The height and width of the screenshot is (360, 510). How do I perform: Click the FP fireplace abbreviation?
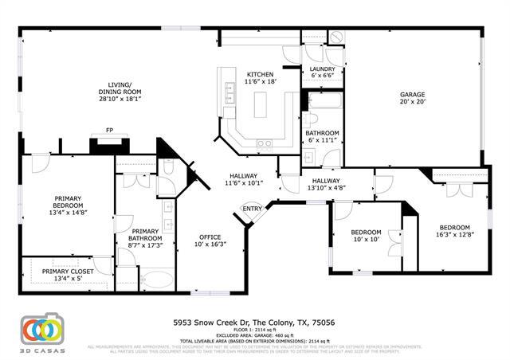tap(109, 131)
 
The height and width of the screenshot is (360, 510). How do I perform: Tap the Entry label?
tap(253, 209)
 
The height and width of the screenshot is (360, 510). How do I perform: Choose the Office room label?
tap(210, 237)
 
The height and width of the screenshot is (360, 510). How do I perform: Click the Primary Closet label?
tap(68, 272)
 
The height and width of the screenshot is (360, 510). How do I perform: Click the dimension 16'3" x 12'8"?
tap(454, 234)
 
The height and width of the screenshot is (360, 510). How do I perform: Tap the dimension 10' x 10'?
tap(367, 239)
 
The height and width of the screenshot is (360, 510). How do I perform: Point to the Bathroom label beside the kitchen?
tap(322, 133)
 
